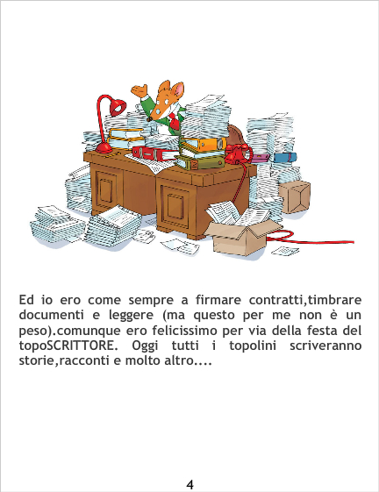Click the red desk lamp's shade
tap(118, 107)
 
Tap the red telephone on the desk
tap(238, 153)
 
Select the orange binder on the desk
tap(204, 144)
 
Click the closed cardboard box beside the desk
tap(295, 196)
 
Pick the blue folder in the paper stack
tap(284, 157)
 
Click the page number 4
tap(189, 484)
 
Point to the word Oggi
tap(145, 346)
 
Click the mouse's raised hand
tap(139, 90)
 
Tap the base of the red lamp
tap(104, 148)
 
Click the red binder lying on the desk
tap(154, 153)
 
